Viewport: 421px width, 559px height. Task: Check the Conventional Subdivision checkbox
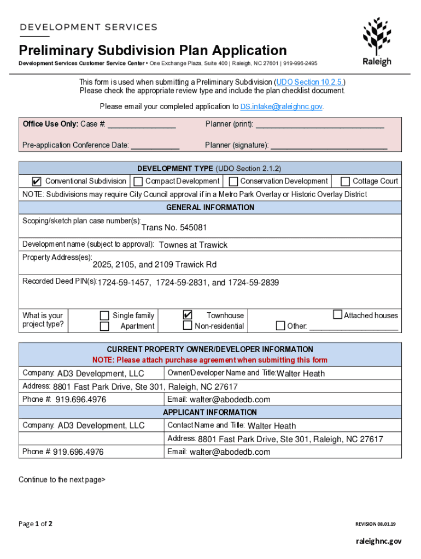click(37, 181)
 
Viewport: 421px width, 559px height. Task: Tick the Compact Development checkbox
click(138, 181)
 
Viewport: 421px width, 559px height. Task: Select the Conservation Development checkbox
click(233, 181)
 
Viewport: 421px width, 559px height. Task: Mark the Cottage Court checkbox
click(345, 181)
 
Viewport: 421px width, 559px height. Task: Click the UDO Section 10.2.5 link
click(310, 82)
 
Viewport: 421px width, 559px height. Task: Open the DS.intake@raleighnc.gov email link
click(278, 106)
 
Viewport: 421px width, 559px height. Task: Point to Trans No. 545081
click(174, 227)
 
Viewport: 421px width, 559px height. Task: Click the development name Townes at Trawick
click(192, 245)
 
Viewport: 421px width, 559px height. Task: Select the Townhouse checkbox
click(188, 315)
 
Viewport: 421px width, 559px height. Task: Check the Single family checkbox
click(104, 316)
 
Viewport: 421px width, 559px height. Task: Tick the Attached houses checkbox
click(337, 314)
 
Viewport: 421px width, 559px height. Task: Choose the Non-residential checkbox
click(188, 326)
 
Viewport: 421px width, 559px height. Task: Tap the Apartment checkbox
click(104, 326)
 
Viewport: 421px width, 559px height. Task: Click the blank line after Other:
click(354, 327)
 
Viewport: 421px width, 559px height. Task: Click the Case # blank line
click(142, 125)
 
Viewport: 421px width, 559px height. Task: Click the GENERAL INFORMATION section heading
click(210, 207)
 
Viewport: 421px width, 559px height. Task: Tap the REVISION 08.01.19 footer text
click(375, 524)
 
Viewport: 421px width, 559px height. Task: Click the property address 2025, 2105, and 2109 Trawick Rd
click(155, 265)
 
